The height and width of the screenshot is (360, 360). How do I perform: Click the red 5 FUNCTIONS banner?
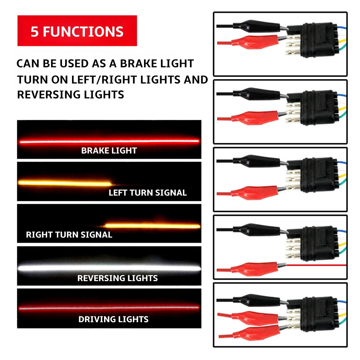tap(77, 31)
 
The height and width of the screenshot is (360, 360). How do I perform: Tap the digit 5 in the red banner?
tap(35, 32)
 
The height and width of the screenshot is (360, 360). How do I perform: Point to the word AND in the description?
tap(196, 80)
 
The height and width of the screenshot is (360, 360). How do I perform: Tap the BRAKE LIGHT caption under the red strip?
tap(109, 150)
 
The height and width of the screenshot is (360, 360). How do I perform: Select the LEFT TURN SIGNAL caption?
tap(148, 193)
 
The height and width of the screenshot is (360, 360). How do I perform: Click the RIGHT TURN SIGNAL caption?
tap(69, 235)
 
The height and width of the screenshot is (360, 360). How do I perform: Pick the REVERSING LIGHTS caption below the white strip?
tap(117, 278)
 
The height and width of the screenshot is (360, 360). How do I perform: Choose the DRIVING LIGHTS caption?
tap(113, 319)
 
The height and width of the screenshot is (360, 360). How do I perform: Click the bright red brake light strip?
tap(109, 141)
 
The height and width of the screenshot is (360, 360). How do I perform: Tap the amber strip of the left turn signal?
tap(65, 183)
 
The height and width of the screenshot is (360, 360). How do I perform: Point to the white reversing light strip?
tap(109, 268)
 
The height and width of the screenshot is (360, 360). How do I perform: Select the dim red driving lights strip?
tap(109, 308)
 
